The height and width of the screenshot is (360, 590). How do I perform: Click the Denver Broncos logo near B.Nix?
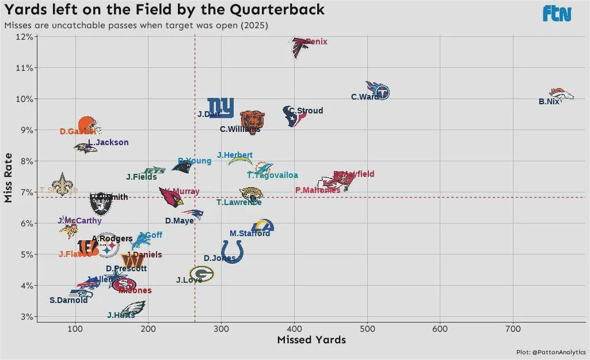[x=562, y=94]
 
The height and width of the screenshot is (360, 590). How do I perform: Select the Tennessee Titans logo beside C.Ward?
[x=378, y=90]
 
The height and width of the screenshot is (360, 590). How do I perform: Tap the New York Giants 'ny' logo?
[x=220, y=107]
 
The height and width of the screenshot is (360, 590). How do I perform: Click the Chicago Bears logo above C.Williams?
[x=252, y=120]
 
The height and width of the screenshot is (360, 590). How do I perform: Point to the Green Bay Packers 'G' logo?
[x=201, y=274]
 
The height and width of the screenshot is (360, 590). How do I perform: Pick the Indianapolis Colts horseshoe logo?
[x=232, y=252]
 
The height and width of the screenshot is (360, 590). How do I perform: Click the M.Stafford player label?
[x=250, y=233]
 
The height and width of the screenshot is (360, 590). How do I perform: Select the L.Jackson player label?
[x=108, y=142]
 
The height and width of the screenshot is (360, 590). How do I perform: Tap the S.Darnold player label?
[x=68, y=300]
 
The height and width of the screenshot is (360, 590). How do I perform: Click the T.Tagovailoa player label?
[x=272, y=175]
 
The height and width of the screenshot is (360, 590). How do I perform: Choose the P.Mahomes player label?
[x=317, y=190]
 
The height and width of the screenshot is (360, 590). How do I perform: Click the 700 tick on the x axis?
[x=513, y=329]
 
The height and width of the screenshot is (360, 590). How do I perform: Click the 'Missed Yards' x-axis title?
[x=311, y=340]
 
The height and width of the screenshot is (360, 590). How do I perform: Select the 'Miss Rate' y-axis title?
[x=8, y=177]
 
